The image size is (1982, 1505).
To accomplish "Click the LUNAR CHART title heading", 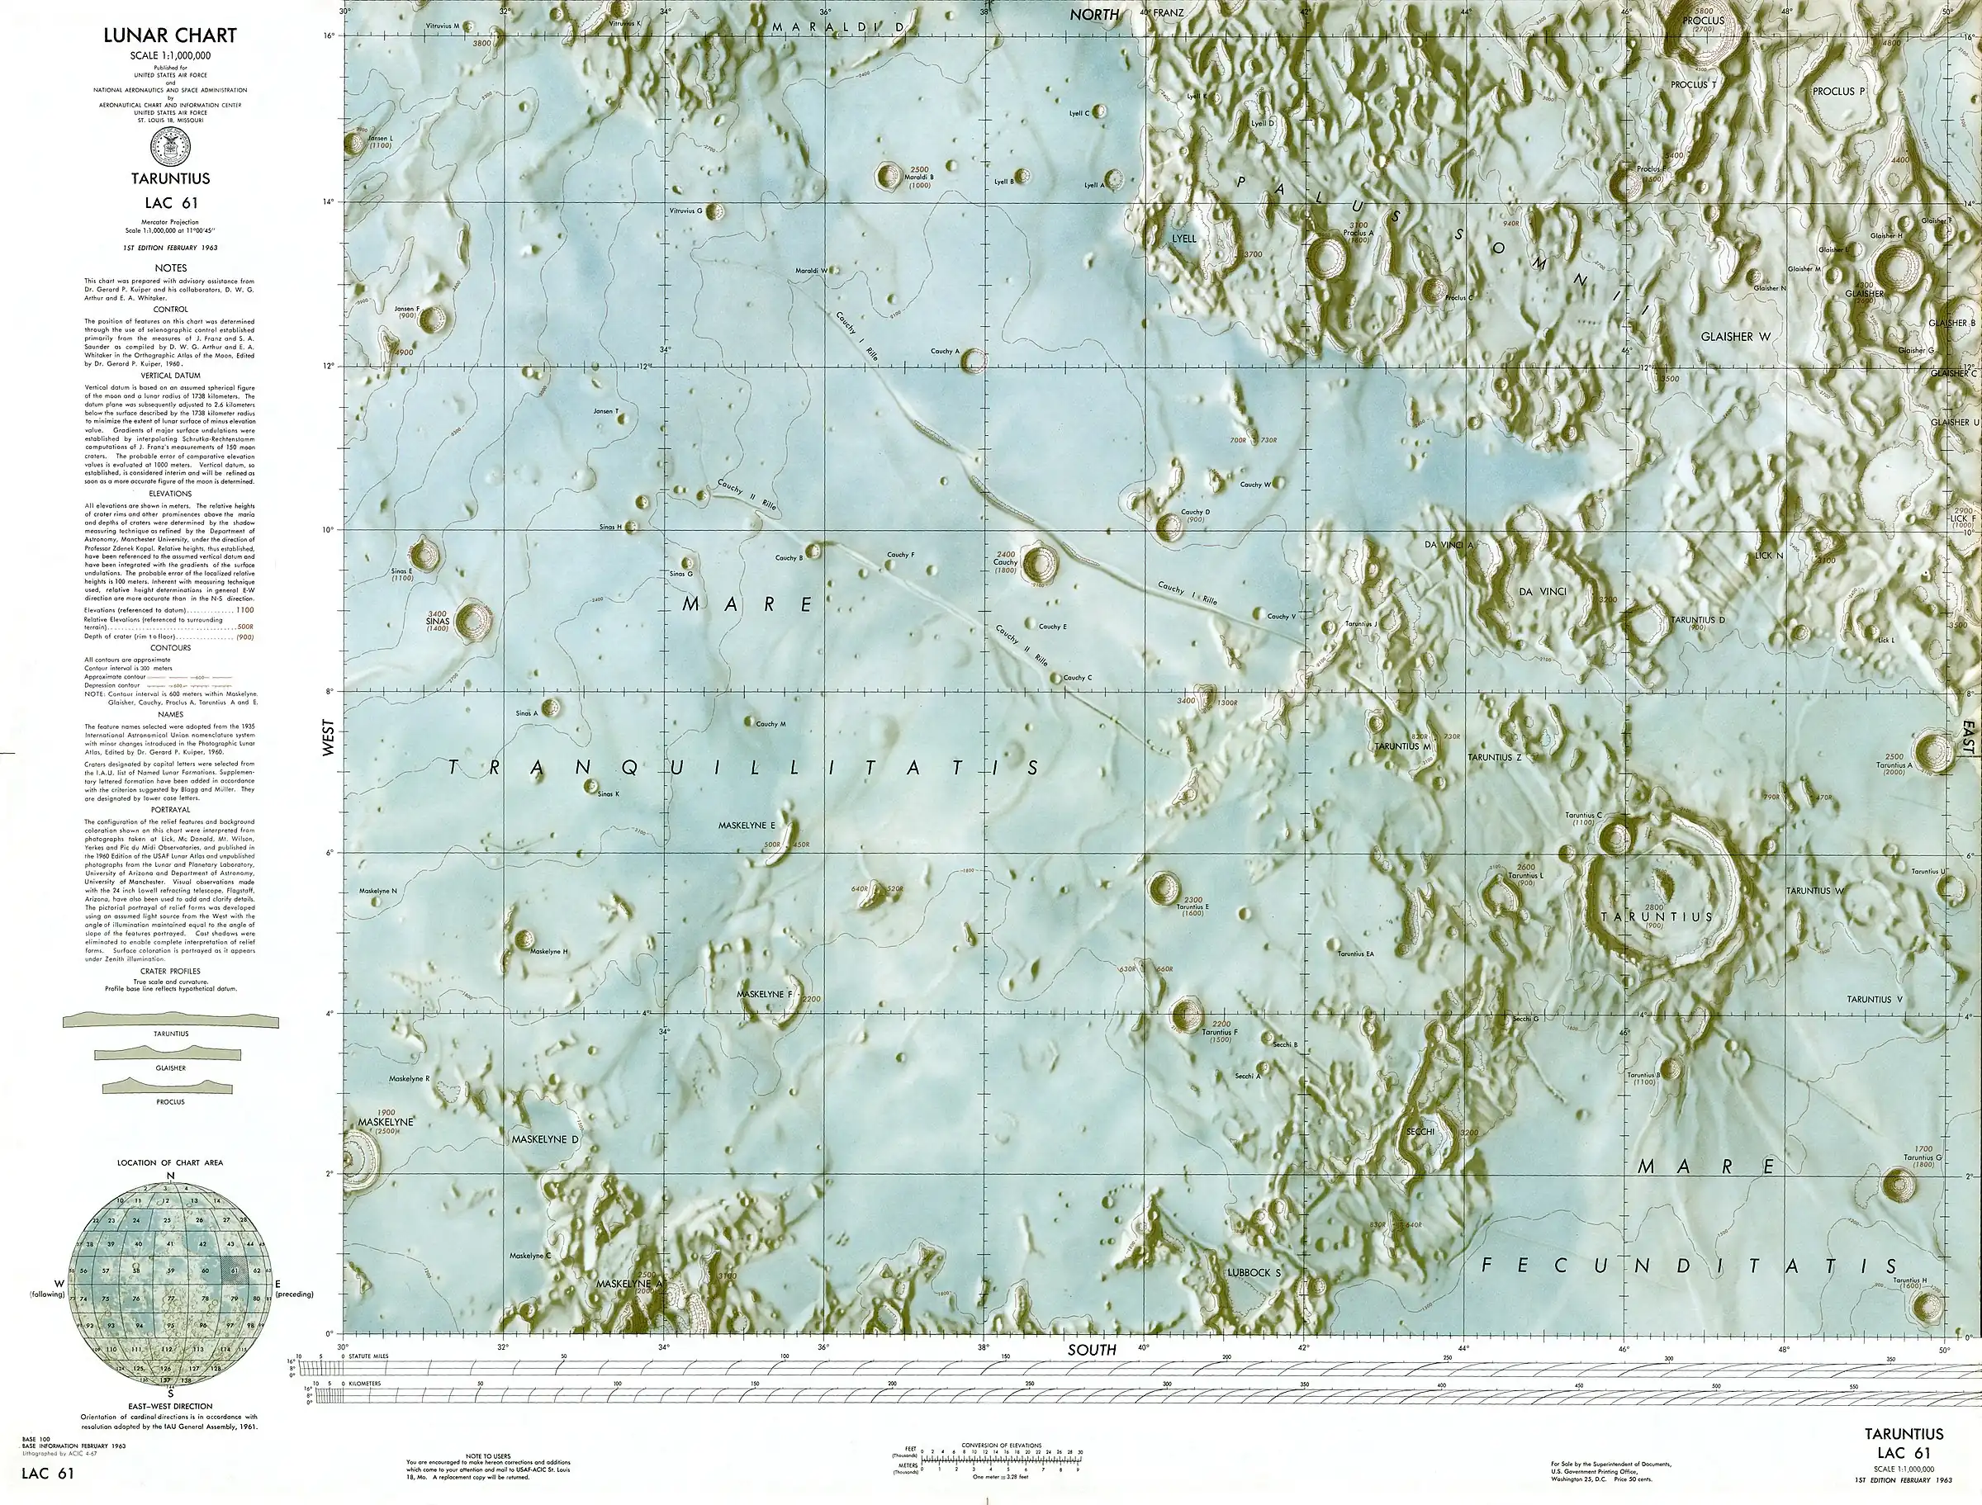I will coord(170,35).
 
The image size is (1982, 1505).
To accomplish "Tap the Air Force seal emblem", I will coord(170,145).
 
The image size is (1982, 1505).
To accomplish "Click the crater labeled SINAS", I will coord(473,620).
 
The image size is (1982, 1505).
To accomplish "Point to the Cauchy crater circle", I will coord(1040,562).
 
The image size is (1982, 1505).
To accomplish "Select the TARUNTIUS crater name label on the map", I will coord(1657,916).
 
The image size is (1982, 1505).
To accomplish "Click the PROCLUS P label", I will coord(1837,92).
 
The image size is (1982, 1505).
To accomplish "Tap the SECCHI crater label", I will coord(1420,1132).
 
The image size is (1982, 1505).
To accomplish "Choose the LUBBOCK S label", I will coord(1254,1272).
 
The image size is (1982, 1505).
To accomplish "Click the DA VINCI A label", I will coord(1449,545).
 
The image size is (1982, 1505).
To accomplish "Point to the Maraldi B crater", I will coord(889,177).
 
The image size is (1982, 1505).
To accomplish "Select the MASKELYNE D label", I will coord(545,1139).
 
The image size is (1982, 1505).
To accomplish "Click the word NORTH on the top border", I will coord(1094,14).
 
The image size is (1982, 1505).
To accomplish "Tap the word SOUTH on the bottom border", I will coord(1093,1349).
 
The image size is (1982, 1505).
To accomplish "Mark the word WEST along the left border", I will coord(329,737).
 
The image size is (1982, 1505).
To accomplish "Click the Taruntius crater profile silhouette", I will coord(170,1020).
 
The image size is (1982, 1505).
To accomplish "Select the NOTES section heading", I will coord(170,267).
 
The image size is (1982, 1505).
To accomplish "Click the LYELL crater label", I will coord(1183,239).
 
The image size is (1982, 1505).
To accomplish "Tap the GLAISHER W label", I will coord(1736,337).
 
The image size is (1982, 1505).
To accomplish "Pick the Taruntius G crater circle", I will coord(1899,1185).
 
